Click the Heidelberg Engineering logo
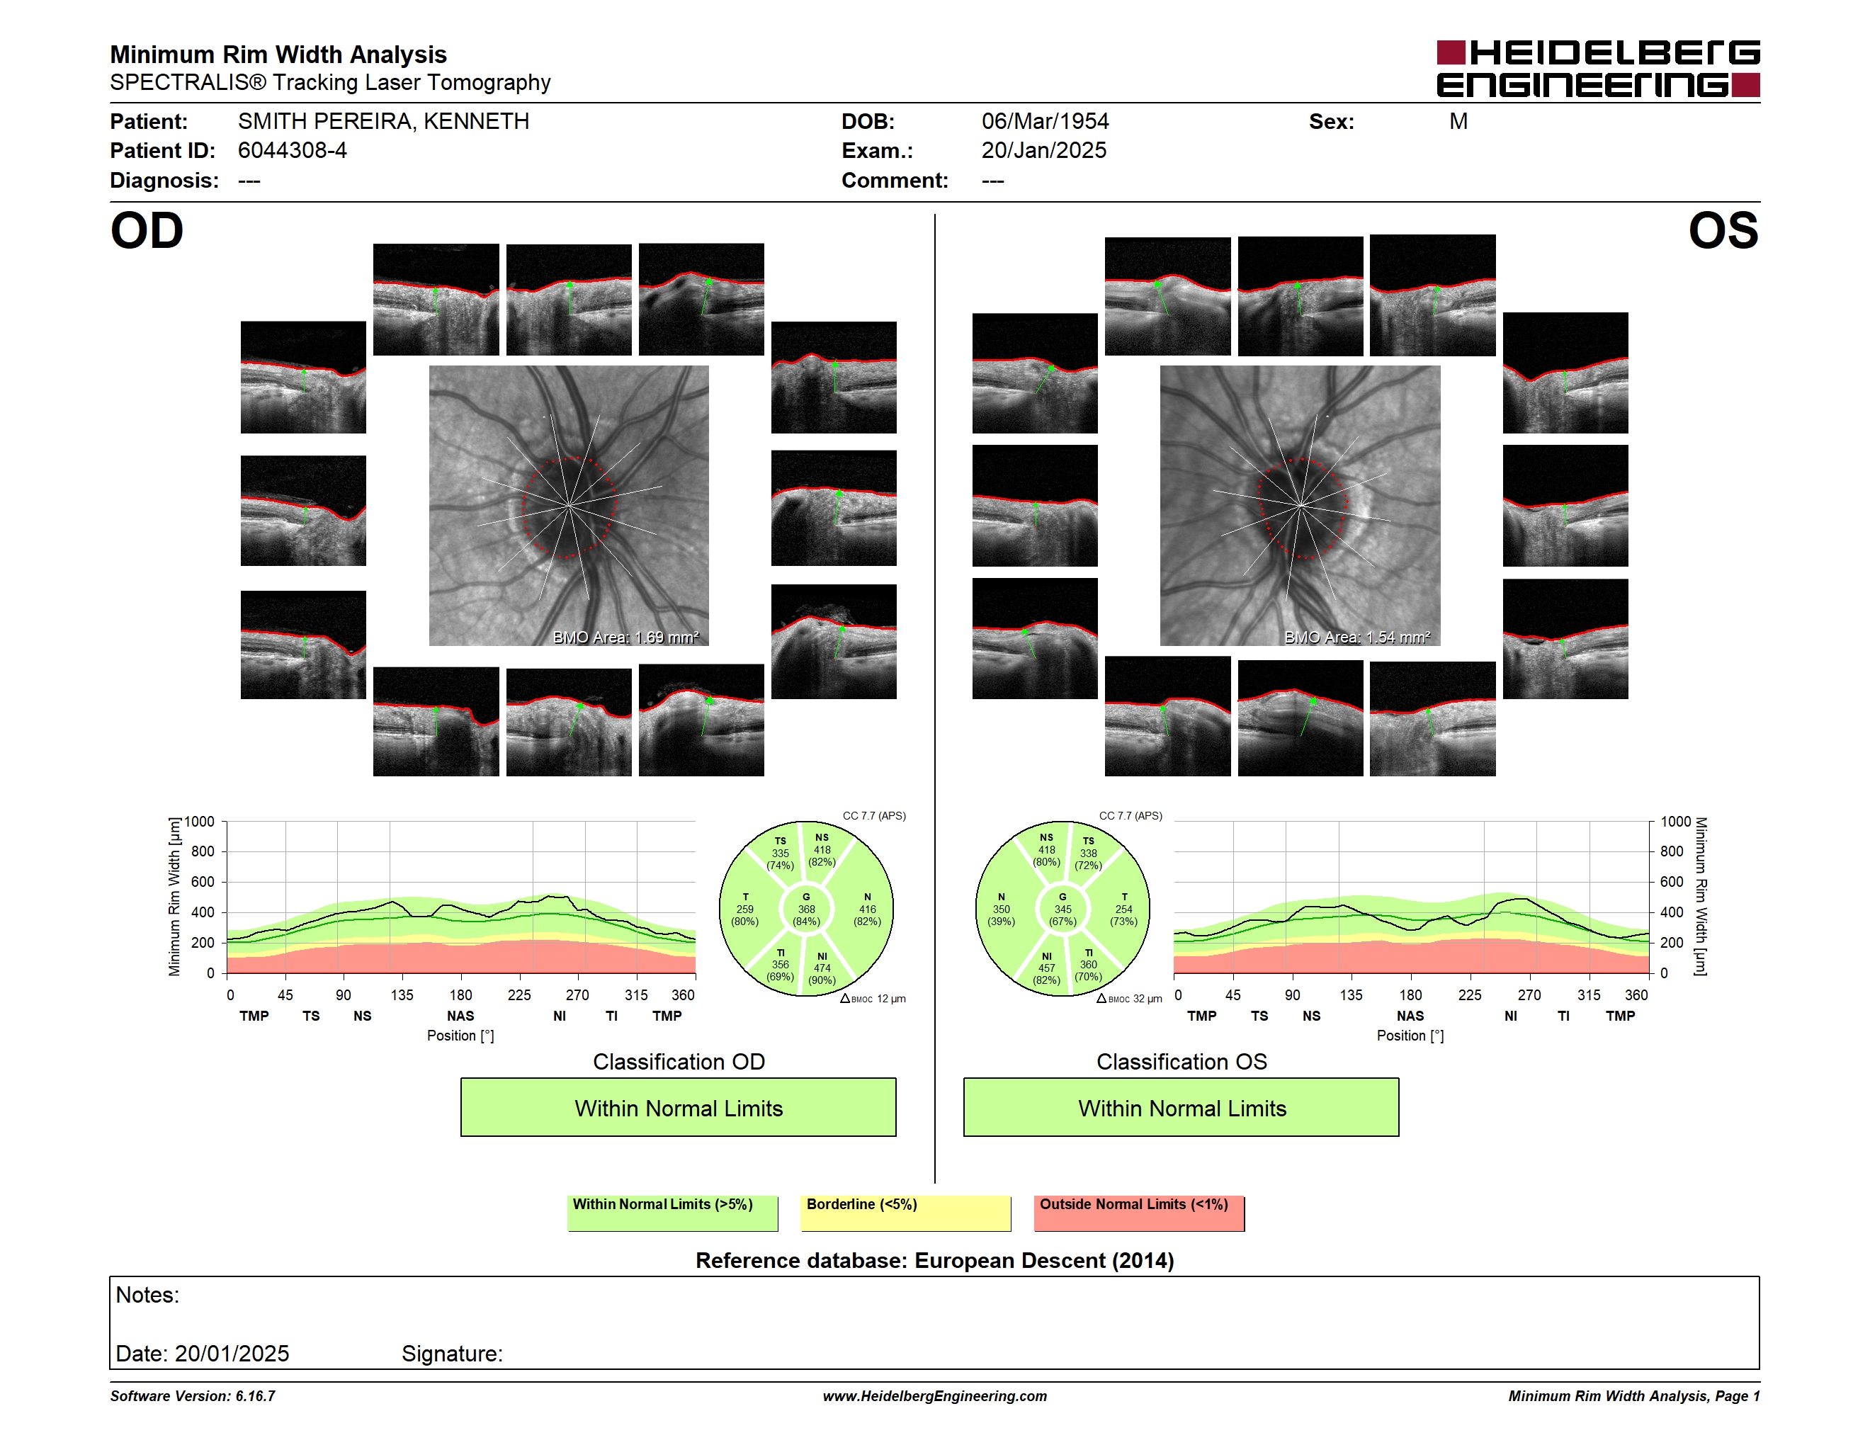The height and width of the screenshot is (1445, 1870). point(1598,69)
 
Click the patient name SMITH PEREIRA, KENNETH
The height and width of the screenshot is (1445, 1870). point(384,122)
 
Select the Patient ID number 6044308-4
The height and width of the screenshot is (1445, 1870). point(292,151)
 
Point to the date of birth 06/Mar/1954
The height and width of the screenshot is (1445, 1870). point(1045,122)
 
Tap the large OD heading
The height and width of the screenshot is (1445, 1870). point(147,231)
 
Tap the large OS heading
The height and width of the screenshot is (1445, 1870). point(1723,231)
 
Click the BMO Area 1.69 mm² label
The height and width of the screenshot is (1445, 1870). point(626,637)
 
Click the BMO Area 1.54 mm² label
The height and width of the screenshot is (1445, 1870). point(1357,637)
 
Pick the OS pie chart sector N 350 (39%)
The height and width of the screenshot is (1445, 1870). point(1001,909)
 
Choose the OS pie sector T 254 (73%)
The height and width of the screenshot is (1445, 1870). point(1123,909)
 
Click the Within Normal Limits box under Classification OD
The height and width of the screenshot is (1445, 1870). point(678,1108)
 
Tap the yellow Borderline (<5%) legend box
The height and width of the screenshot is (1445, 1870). point(906,1213)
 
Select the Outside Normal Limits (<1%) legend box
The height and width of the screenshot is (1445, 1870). point(1139,1213)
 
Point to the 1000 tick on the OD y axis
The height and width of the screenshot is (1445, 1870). point(200,822)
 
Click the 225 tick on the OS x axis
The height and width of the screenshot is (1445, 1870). point(1469,994)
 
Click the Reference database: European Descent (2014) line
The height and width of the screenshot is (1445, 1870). point(934,1260)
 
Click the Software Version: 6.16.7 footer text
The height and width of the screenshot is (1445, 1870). point(193,1396)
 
